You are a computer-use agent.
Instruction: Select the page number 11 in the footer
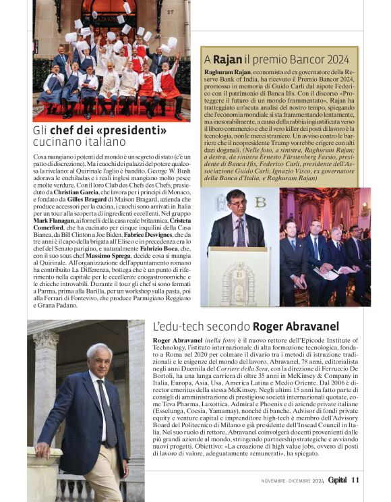pos(355,480)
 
